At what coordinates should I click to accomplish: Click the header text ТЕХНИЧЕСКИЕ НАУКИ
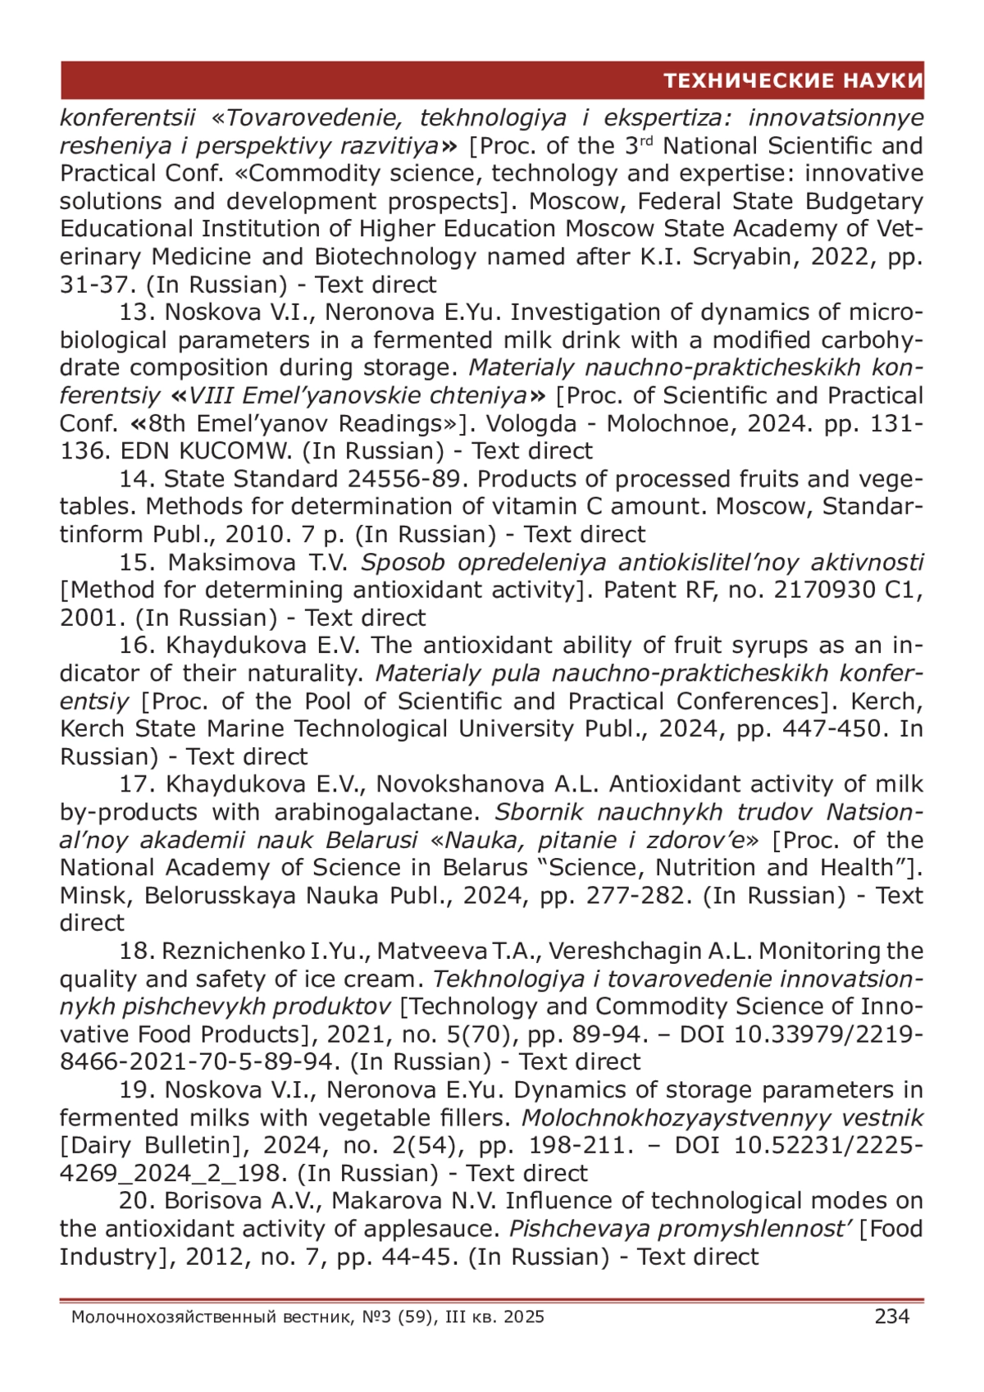[793, 80]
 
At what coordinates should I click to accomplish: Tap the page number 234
[892, 1317]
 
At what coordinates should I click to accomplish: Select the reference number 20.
[137, 1201]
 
